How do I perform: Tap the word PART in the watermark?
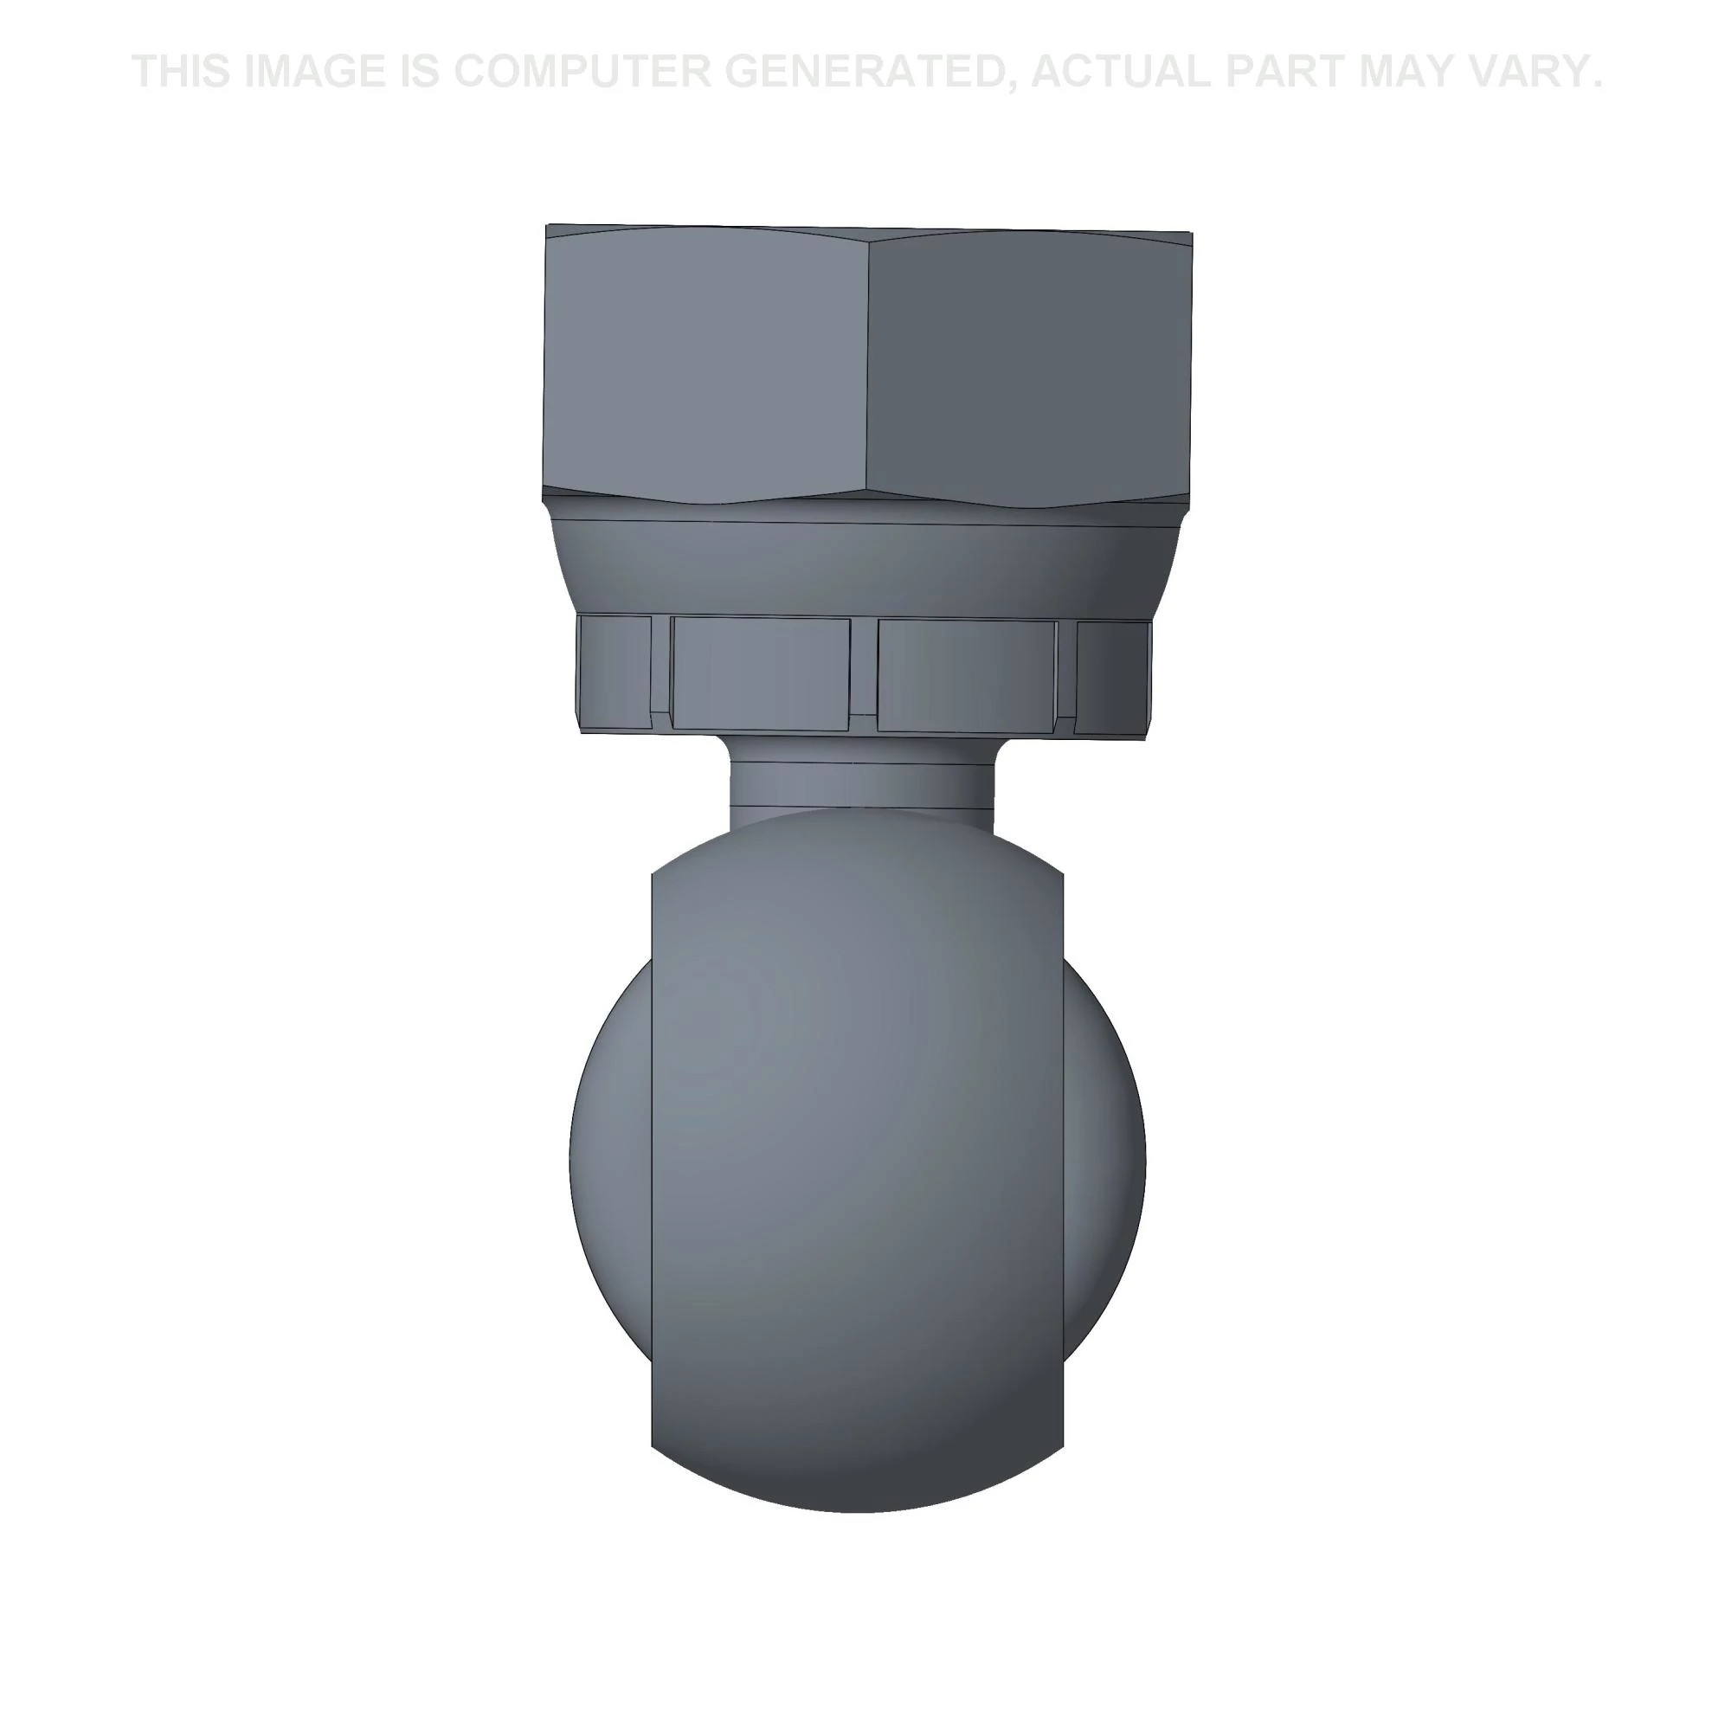point(1288,72)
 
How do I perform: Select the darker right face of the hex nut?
point(1030,367)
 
